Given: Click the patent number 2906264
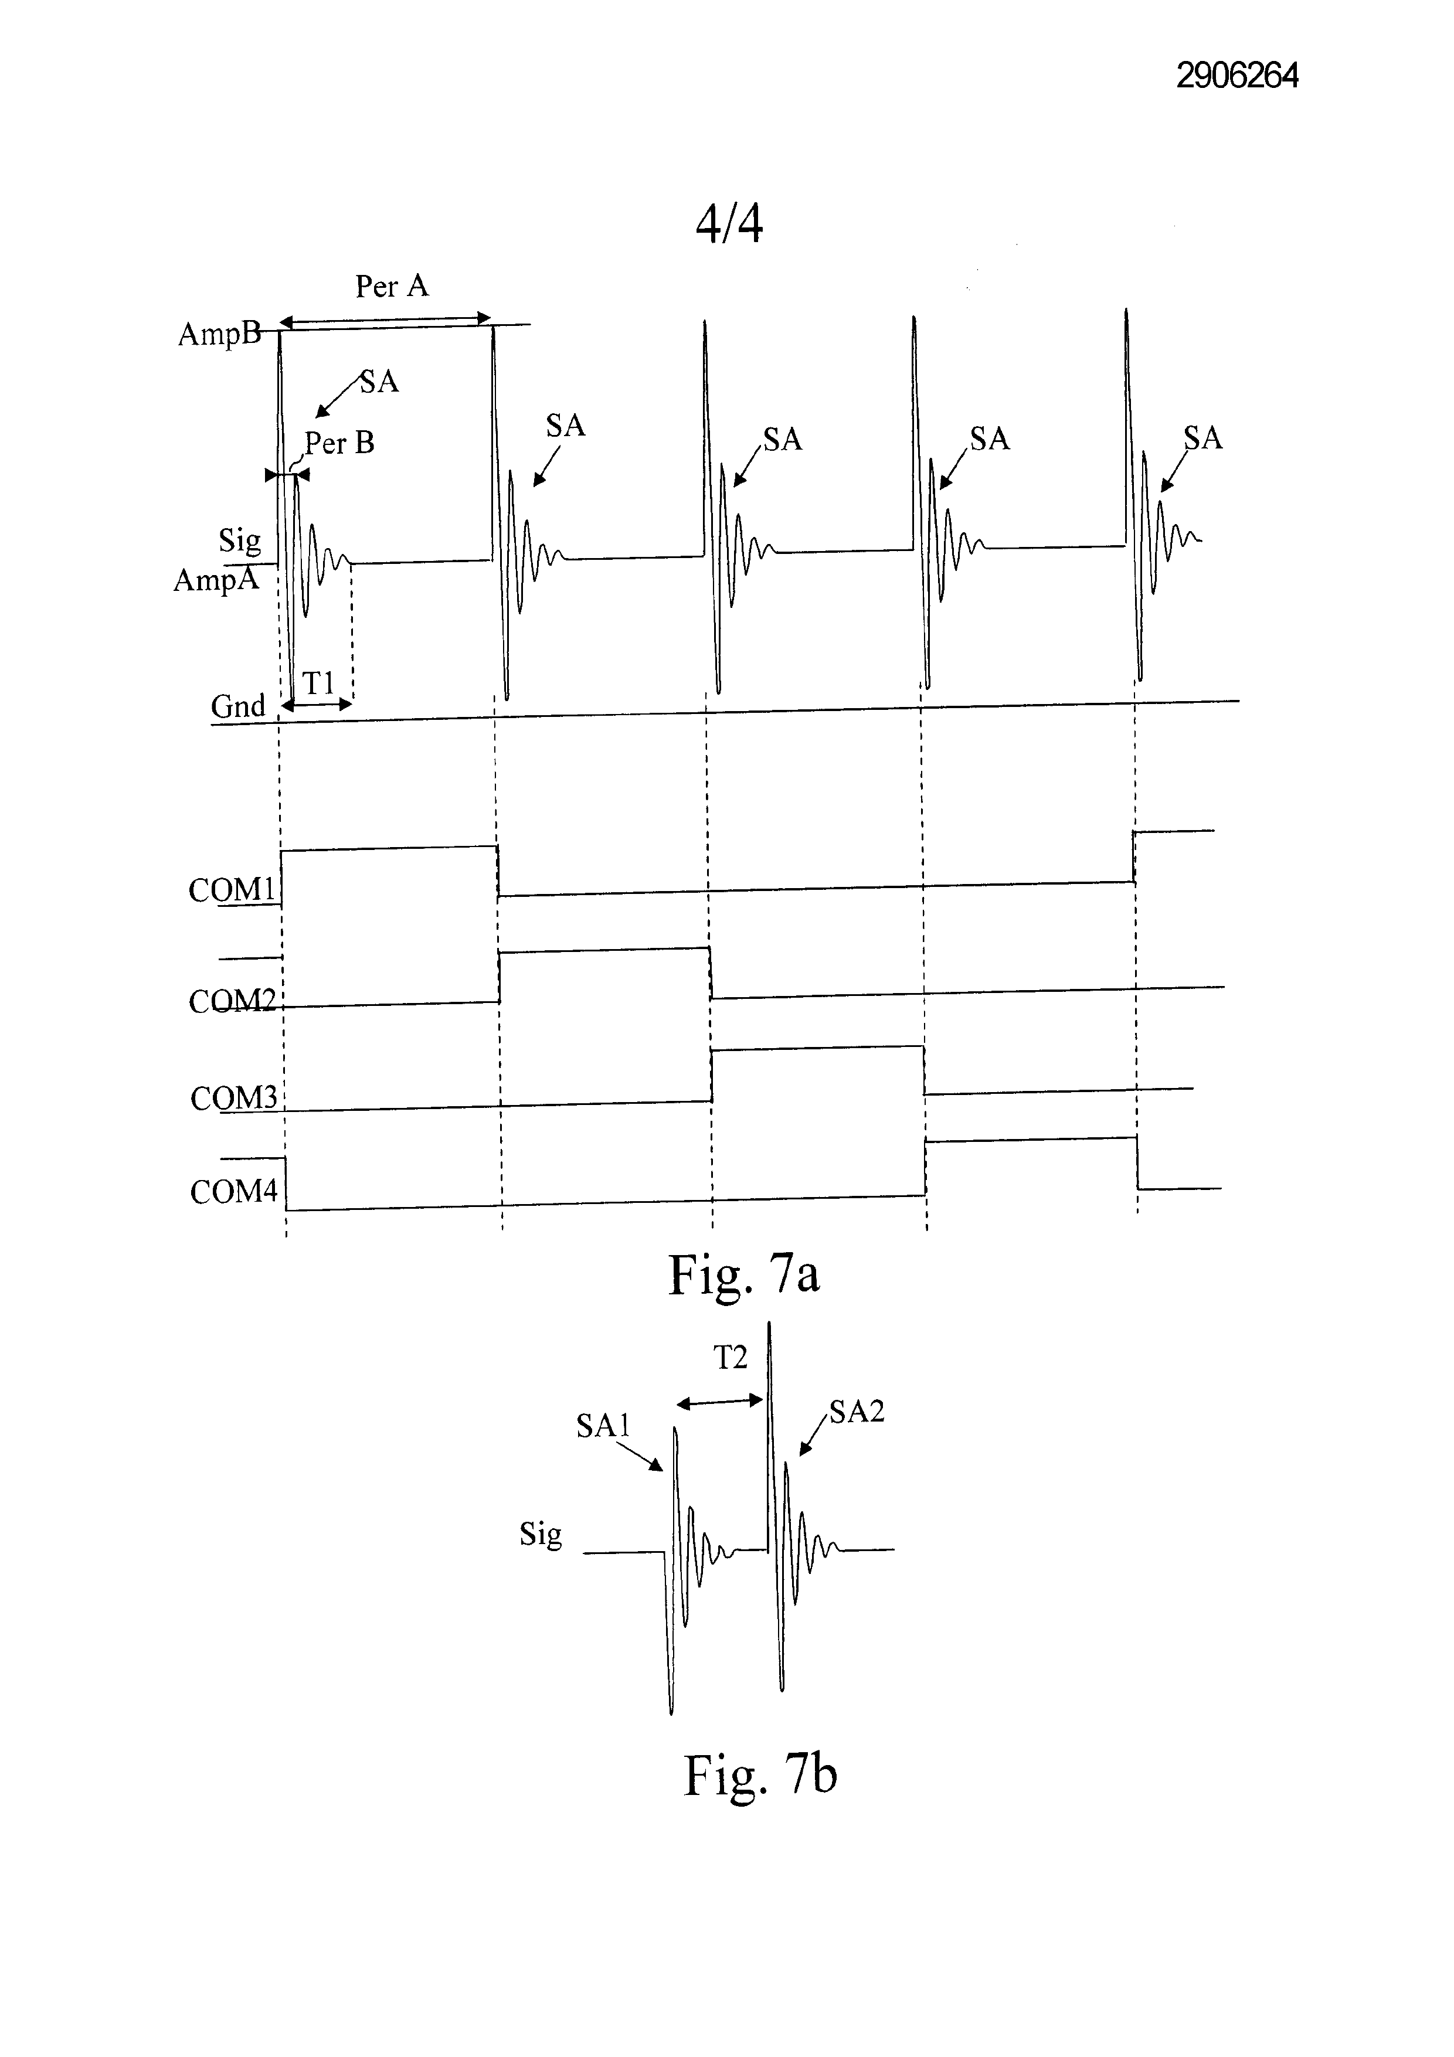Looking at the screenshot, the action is (1237, 75).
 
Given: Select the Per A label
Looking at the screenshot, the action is (392, 286).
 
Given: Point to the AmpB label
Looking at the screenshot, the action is (219, 334).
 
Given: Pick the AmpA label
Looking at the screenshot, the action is (216, 580).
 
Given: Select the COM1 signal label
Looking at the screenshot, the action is (232, 890).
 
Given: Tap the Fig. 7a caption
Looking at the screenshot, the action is (743, 1275).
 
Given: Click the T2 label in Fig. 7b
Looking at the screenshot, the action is (730, 1358).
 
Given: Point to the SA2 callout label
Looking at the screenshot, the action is (857, 1412).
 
